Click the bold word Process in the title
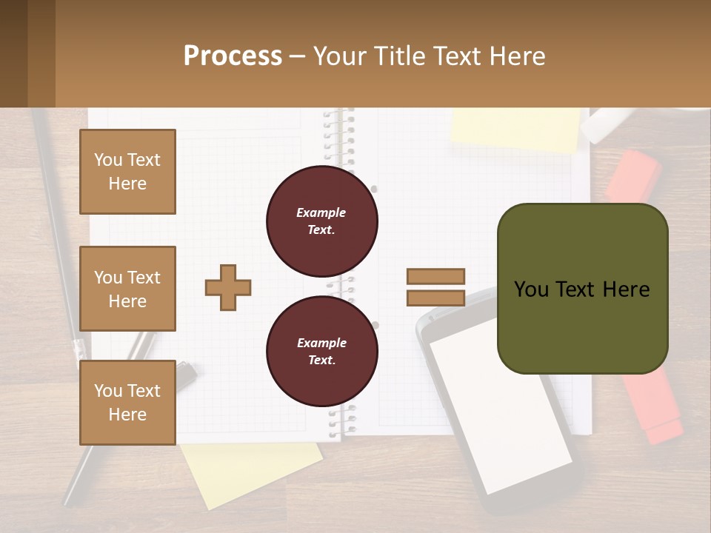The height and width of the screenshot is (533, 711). [x=233, y=56]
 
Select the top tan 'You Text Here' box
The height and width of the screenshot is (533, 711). [x=127, y=172]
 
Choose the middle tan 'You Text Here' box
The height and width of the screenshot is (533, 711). [x=127, y=289]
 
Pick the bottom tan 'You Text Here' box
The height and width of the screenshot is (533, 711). [x=127, y=402]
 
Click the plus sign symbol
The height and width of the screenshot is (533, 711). [x=228, y=287]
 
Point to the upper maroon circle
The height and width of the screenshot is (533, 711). [x=322, y=221]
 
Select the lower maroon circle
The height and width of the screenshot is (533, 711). [x=322, y=352]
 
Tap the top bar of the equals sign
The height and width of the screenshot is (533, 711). [x=436, y=276]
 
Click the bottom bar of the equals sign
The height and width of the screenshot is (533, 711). [x=436, y=298]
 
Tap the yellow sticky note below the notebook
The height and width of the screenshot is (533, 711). [x=252, y=474]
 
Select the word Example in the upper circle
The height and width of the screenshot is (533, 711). [x=321, y=212]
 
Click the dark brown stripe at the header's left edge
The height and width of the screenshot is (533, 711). [x=13, y=53]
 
